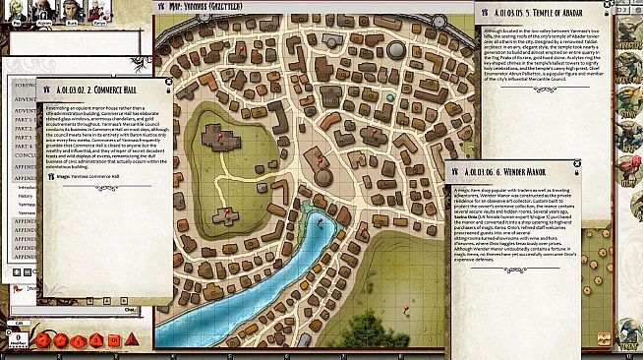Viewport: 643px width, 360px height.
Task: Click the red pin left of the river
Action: [x=228, y=212]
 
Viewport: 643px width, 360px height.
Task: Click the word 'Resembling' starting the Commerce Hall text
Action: [x=61, y=108]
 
